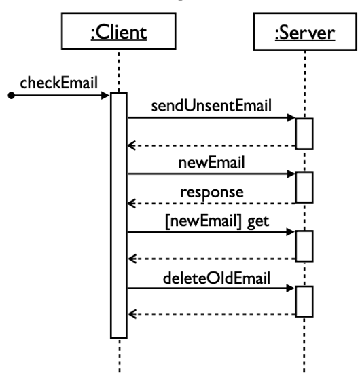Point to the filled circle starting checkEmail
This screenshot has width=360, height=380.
pos(10,96)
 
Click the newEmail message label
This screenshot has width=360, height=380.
pos(211,164)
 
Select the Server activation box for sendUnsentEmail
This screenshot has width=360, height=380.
pos(304,133)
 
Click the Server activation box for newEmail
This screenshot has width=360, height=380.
pos(304,187)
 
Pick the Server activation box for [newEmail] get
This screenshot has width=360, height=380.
pos(304,245)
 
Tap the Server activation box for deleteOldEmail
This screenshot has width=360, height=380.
pos(304,301)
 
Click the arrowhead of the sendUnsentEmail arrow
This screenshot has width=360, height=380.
pos(291,118)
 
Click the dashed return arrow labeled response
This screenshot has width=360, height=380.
pos(211,202)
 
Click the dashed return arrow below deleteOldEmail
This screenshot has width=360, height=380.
pos(211,313)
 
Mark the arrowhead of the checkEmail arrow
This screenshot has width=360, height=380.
pos(105,96)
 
